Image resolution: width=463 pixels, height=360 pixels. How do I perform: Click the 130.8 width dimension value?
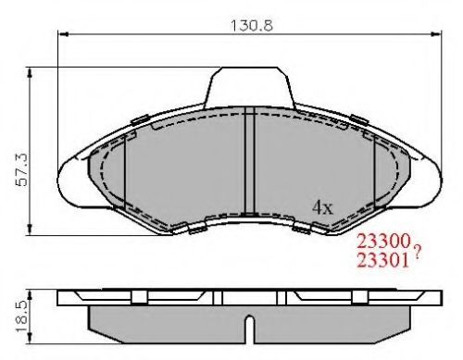click(252, 25)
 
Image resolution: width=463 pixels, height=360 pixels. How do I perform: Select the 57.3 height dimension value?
click(22, 170)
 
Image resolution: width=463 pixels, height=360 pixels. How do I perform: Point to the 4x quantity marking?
click(323, 207)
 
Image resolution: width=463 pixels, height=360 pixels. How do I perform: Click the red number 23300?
click(383, 242)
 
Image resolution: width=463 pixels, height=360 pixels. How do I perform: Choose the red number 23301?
click(383, 261)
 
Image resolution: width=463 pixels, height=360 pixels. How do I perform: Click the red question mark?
click(417, 253)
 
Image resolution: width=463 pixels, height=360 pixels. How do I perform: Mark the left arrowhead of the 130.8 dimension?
click(63, 34)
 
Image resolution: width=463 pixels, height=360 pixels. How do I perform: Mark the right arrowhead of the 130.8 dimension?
click(436, 34)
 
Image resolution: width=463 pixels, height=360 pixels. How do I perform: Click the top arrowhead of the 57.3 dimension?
click(30, 73)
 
